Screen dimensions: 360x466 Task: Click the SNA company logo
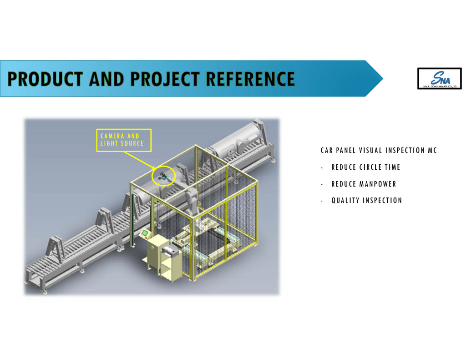pyautogui.click(x=439, y=78)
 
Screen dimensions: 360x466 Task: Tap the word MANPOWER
pyautogui.click(x=378, y=184)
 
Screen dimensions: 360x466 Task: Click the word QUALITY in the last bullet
pyautogui.click(x=345, y=200)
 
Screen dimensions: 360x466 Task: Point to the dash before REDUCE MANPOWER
pyautogui.click(x=322, y=184)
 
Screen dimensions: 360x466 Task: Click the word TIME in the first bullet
pyautogui.click(x=392, y=167)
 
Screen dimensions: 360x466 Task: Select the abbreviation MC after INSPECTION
pyautogui.click(x=432, y=150)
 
